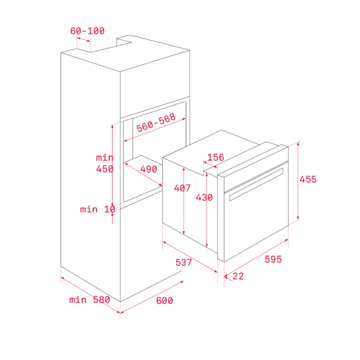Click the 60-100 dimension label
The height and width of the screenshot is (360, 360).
[x=88, y=31]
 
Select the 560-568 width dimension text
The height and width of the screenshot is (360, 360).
[x=156, y=123]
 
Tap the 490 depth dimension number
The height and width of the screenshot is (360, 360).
[x=149, y=169]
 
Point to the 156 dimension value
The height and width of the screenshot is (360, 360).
[x=215, y=157]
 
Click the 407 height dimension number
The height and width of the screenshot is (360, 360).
[x=182, y=188]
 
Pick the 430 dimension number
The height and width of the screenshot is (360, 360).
[x=204, y=197]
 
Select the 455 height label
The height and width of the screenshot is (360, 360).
[x=308, y=179]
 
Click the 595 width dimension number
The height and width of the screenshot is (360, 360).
[x=273, y=259]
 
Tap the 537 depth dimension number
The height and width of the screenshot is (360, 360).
[x=184, y=262]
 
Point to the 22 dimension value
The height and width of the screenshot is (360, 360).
[x=238, y=276]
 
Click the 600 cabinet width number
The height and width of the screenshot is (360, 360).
[x=164, y=301]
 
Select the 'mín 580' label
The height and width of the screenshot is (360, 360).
[x=89, y=299]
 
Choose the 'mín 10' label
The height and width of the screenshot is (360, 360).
[x=98, y=209]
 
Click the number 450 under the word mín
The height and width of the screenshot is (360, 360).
[x=104, y=169]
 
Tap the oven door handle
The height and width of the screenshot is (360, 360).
[x=256, y=184]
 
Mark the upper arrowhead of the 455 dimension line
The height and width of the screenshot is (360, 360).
[x=298, y=144]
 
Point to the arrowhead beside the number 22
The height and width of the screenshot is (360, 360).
[x=226, y=277]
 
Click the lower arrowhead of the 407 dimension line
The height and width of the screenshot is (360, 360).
[x=184, y=232]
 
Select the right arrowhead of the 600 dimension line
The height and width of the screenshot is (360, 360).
[x=182, y=282]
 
